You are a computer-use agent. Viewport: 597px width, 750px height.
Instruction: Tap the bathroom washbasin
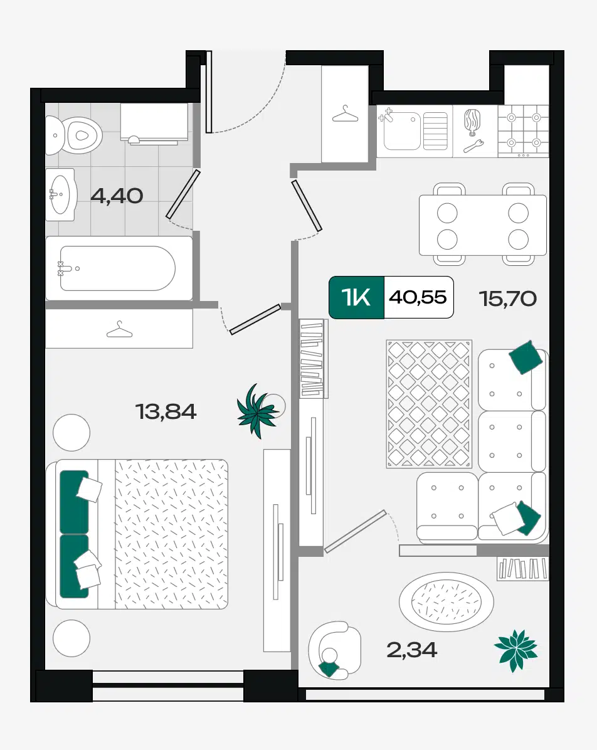(x=60, y=194)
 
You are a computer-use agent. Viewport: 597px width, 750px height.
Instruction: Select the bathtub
(x=119, y=268)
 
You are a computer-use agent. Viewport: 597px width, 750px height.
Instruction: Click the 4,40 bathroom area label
(x=117, y=196)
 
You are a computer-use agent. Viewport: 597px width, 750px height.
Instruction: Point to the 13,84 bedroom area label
(x=166, y=411)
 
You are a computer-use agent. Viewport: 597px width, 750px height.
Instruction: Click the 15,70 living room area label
(x=507, y=298)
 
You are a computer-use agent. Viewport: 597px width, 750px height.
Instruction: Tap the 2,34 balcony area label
(x=411, y=650)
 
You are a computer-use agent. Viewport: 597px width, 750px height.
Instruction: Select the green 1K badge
(x=356, y=297)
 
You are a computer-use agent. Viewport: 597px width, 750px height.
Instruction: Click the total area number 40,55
(x=418, y=297)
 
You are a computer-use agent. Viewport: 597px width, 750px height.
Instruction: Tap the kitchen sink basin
(x=402, y=130)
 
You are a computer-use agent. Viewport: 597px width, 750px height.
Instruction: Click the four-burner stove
(x=524, y=130)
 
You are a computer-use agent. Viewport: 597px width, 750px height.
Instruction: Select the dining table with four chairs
(x=483, y=224)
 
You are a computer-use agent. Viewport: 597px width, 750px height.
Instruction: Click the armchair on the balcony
(x=334, y=650)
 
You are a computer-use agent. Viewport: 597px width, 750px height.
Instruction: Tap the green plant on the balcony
(x=515, y=650)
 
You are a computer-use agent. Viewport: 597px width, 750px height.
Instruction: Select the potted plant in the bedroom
(x=257, y=411)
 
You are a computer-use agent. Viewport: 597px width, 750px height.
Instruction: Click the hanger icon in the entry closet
(x=345, y=114)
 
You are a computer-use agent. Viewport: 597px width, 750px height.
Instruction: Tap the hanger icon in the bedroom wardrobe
(x=119, y=330)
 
